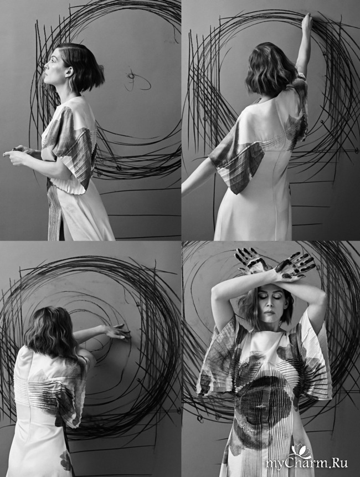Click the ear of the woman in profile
point(70,73)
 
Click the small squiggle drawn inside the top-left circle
point(137,80)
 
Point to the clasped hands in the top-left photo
point(17,154)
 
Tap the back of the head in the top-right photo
point(271,69)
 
